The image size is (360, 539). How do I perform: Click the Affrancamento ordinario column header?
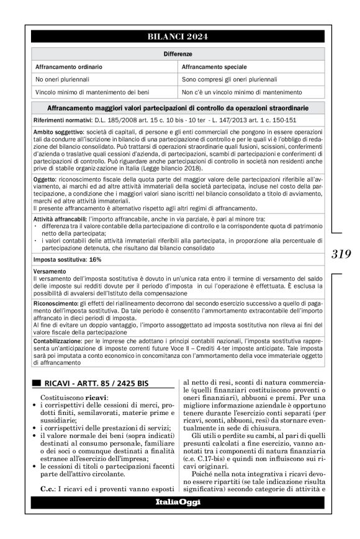click(69, 66)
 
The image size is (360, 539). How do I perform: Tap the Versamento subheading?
click(48, 270)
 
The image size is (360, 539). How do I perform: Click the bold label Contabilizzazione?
click(58, 341)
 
